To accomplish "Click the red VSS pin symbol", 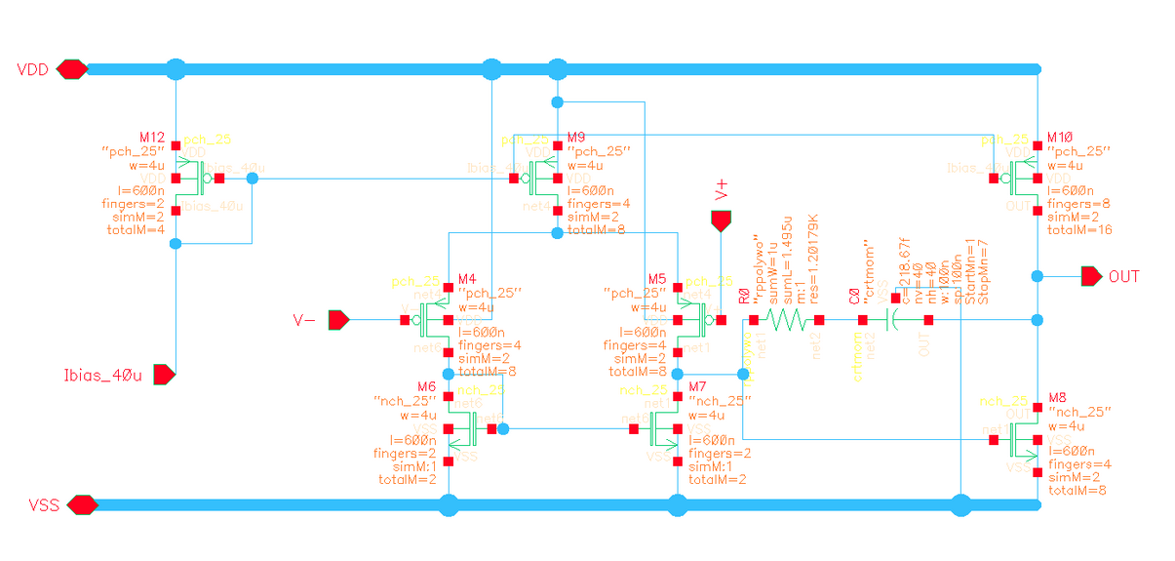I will point(82,504).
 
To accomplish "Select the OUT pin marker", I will point(1092,277).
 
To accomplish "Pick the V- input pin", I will point(338,320).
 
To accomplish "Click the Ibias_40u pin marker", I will point(164,374).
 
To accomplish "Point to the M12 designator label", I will point(152,139).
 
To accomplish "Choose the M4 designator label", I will point(468,279).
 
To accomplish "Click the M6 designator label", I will point(425,387).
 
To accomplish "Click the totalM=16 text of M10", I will point(1079,229).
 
